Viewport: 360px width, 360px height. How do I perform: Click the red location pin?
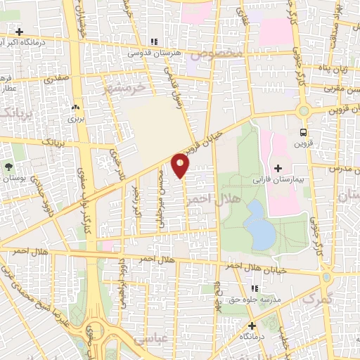click(181, 165)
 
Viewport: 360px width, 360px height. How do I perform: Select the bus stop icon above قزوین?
click(303, 132)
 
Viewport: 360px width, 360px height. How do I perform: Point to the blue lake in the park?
click(259, 225)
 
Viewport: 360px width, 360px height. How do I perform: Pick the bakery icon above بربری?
click(75, 108)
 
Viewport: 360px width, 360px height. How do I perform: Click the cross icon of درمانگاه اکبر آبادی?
click(20, 32)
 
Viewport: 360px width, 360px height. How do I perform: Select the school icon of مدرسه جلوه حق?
click(254, 288)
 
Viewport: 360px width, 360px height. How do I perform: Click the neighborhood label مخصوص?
click(220, 54)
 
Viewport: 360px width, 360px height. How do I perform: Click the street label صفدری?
click(56, 79)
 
